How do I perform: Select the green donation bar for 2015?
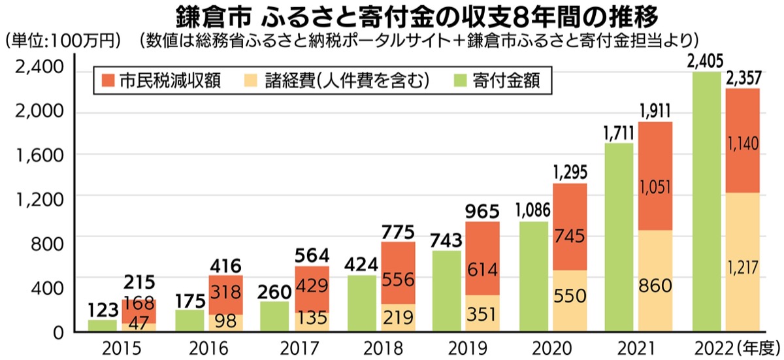click(102, 326)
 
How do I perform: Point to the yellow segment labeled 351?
click(482, 314)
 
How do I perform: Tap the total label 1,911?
click(655, 110)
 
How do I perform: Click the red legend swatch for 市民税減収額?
click(109, 80)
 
